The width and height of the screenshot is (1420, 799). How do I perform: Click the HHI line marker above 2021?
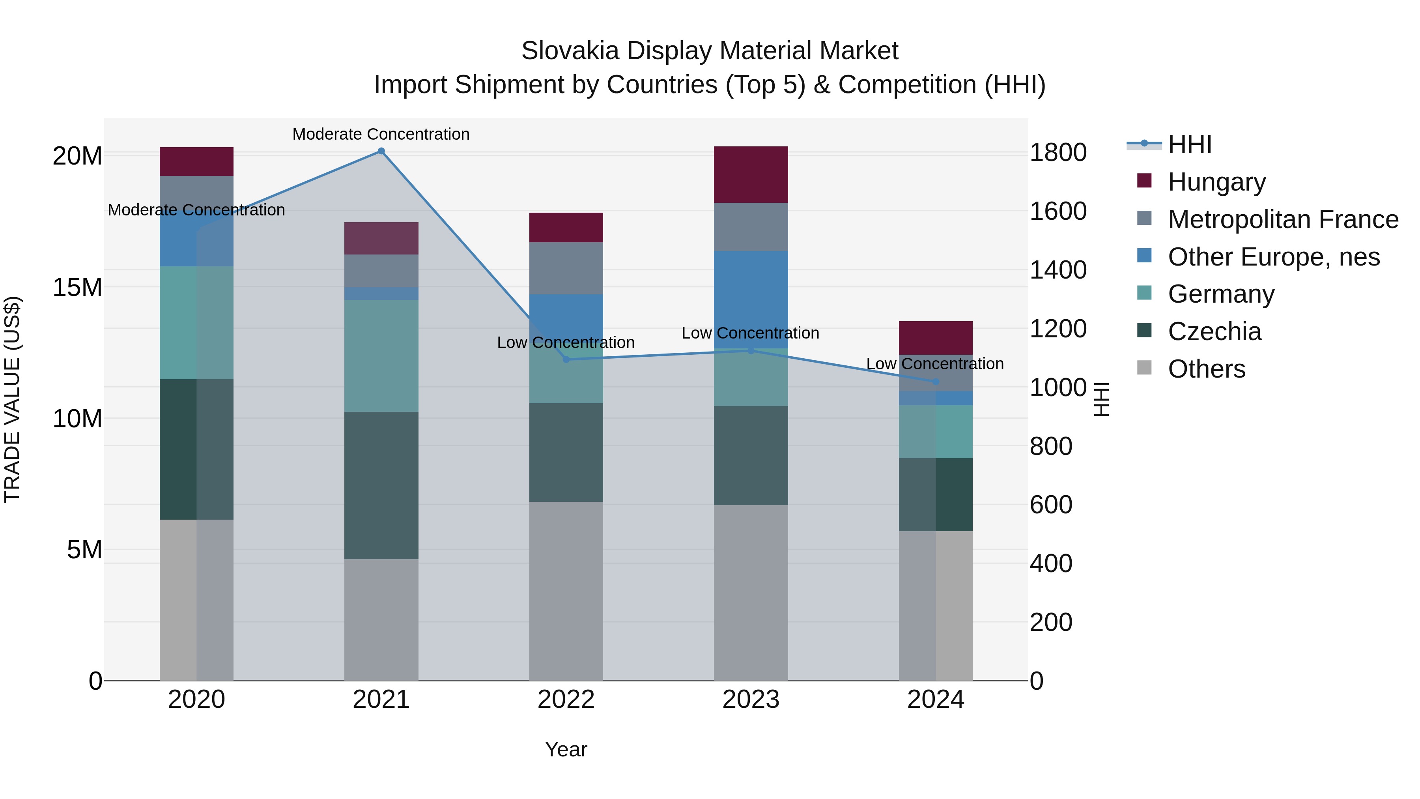coord(381,151)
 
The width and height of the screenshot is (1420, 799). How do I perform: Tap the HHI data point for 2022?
coord(566,359)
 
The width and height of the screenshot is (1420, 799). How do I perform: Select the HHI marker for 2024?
coord(936,382)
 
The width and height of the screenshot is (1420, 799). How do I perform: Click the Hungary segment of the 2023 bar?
coord(751,174)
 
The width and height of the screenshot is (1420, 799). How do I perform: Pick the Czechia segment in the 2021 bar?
coord(381,485)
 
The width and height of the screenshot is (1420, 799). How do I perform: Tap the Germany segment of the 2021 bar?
coord(381,356)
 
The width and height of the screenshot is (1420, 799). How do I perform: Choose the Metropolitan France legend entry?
coord(1282,219)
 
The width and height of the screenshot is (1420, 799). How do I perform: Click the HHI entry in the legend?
coord(1190,144)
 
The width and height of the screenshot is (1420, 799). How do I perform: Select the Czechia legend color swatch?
coord(1144,331)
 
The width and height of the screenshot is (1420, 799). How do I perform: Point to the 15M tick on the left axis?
coord(77,287)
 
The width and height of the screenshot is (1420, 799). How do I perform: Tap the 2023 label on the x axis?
coord(751,700)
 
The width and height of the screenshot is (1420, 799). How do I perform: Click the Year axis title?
coord(566,749)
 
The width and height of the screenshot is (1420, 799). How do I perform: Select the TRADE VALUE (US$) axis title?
coord(12,399)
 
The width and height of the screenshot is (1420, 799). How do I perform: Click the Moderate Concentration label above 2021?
coord(381,134)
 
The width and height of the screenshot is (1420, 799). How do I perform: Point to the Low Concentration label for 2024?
coord(935,364)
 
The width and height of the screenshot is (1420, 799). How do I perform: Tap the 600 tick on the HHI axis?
coord(1051,505)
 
